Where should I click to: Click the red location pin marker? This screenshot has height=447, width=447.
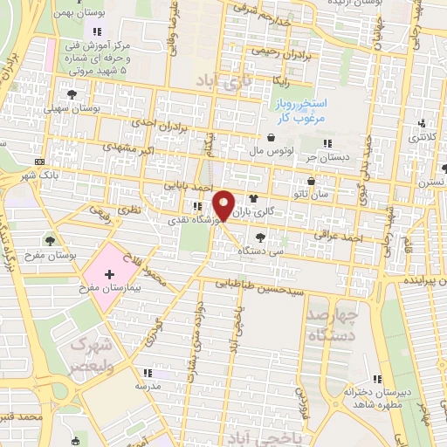[223, 206]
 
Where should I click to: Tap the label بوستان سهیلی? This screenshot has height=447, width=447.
[96, 109]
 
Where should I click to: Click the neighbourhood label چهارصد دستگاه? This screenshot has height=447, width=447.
[334, 325]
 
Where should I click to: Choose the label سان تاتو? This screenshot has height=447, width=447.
[336, 195]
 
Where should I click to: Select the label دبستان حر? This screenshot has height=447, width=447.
[323, 158]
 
